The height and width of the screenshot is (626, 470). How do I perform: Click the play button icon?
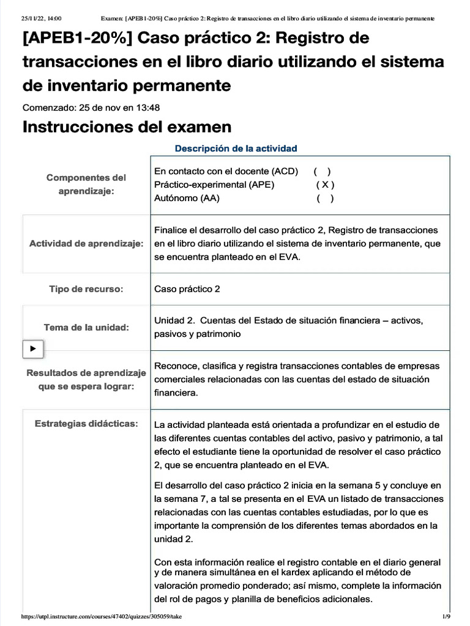(33, 348)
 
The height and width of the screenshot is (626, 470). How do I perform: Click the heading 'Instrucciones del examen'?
(127, 127)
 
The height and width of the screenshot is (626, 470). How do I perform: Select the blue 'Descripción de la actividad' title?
(236, 149)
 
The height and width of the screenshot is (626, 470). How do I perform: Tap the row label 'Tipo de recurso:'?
(86, 289)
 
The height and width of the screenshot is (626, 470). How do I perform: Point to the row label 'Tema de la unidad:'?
(86, 328)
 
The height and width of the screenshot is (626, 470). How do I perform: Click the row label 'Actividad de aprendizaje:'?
(86, 243)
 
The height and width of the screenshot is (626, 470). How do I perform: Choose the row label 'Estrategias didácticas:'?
(86, 423)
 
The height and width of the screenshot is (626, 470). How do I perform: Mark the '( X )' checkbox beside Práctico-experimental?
(325, 185)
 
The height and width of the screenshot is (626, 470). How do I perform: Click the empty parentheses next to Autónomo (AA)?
(325, 198)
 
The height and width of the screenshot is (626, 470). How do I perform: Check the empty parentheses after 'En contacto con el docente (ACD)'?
(322, 171)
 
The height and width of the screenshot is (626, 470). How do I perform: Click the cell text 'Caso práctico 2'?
(187, 289)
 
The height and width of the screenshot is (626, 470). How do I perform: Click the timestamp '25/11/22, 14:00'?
(42, 18)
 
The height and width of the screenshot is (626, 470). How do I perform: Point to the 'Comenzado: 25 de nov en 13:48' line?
(91, 108)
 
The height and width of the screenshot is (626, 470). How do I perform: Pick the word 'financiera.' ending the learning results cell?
(176, 393)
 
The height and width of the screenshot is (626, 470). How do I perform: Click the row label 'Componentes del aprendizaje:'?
(86, 184)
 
